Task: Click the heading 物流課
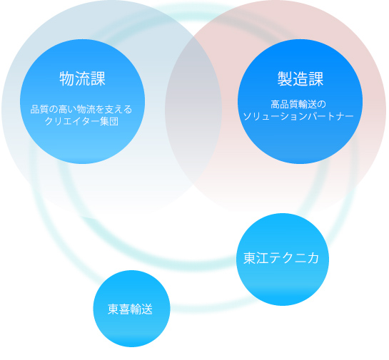coord(82,78)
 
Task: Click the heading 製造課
coord(300,78)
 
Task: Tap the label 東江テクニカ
coord(281,258)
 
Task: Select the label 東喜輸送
coord(130,309)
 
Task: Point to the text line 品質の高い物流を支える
coord(81,109)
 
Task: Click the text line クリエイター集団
coord(81,121)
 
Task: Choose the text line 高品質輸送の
coord(298,104)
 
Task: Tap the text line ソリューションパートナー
coord(298,116)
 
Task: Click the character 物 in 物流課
coord(67,78)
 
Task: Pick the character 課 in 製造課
coord(315,78)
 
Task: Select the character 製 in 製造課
coord(285,78)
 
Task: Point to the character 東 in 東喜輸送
coord(113,309)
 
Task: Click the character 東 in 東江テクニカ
coord(250,258)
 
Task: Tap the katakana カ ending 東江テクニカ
coord(313,258)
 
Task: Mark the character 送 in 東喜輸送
coord(147,309)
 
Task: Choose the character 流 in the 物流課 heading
coord(83,78)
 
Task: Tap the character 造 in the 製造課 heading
coord(300,78)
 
